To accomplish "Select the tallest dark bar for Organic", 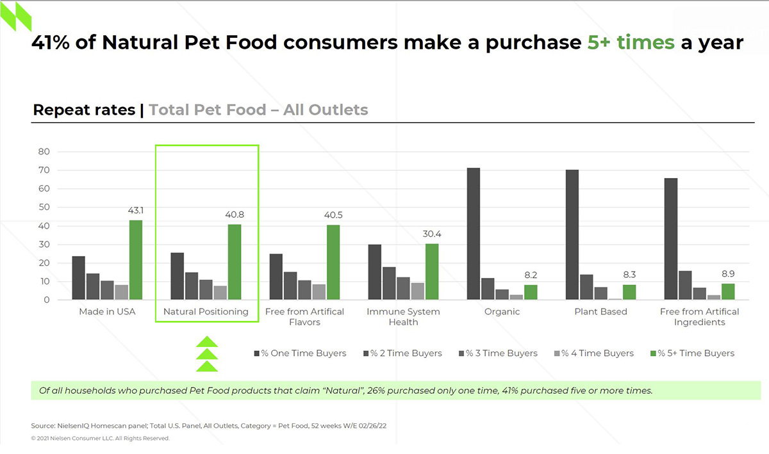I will (474, 234).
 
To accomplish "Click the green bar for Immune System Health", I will (432, 272).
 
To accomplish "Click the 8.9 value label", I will (728, 275).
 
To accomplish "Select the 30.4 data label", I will (432, 234).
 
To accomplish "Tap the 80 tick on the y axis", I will (44, 152).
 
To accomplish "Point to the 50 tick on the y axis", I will (44, 207).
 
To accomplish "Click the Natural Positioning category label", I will (206, 312).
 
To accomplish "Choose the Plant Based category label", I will (601, 312).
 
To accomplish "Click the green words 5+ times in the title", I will (631, 43).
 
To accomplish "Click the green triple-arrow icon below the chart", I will (206, 354).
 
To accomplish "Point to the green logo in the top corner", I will (15, 16).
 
